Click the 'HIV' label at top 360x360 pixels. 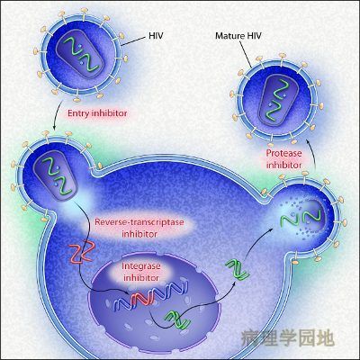click(156, 36)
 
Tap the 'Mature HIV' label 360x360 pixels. click(238, 36)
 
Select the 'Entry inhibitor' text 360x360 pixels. click(97, 113)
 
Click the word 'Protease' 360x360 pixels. click(283, 153)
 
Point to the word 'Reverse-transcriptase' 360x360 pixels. click(139, 222)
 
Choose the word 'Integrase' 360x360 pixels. click(141, 266)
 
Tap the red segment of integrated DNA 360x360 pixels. click(142, 297)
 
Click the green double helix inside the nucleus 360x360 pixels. click(177, 320)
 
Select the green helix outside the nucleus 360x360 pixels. click(238, 269)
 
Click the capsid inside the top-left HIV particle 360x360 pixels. click(80, 54)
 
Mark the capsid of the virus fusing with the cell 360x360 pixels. click(56, 176)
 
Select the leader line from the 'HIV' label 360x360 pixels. click(133, 41)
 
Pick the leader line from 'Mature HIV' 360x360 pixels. click(245, 54)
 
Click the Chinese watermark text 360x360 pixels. click(287, 338)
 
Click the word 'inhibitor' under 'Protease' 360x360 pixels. click(283, 165)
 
